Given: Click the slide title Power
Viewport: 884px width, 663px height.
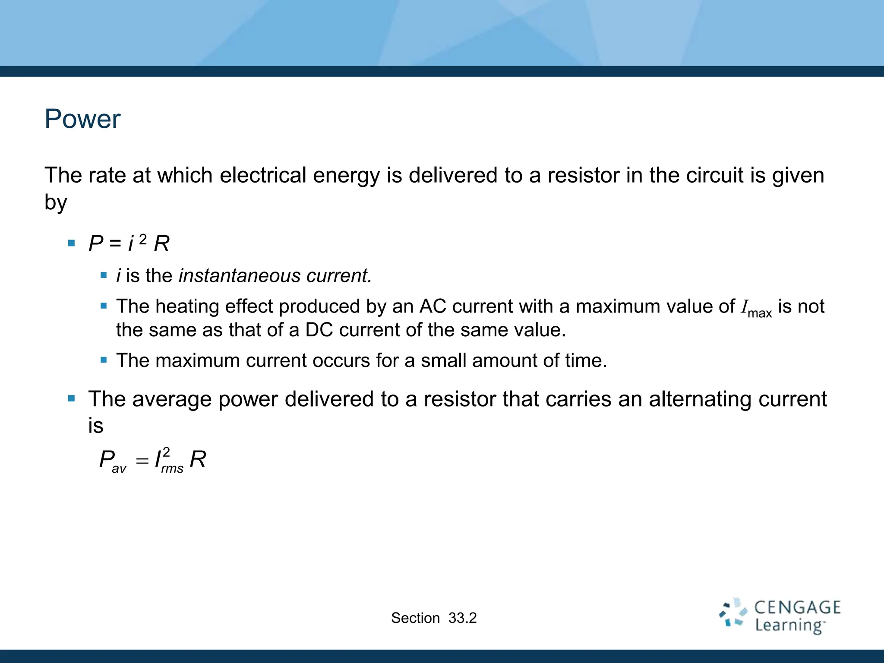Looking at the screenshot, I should (82, 119).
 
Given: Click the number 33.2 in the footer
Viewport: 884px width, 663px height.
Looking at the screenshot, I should (462, 618).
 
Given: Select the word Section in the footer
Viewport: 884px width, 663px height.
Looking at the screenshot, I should (415, 618).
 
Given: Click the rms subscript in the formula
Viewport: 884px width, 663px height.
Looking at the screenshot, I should (172, 469).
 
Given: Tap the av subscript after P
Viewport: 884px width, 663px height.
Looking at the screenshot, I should (119, 469).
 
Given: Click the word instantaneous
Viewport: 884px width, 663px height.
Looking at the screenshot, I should (239, 276).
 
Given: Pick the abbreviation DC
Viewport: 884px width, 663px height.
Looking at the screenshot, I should (319, 330).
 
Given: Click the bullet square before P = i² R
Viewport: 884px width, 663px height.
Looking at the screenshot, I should (72, 243).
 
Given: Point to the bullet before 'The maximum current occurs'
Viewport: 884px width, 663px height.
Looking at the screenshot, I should (104, 360).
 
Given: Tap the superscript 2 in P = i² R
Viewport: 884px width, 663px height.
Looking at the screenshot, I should (143, 239).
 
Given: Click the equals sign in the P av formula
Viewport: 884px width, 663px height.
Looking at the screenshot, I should (142, 461).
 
